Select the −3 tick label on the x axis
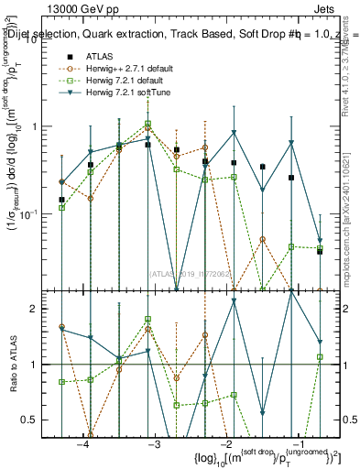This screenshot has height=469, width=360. click(154, 444)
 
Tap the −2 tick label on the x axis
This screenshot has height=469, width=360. click(224, 444)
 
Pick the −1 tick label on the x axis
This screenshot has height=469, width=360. click(295, 444)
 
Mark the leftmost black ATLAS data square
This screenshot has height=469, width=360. click(61, 200)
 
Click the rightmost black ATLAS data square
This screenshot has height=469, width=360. click(320, 251)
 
